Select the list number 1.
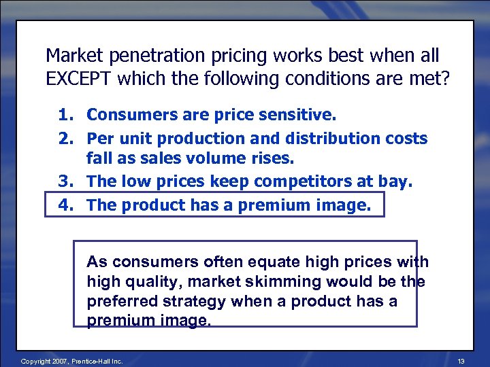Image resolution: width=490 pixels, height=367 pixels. point(66,116)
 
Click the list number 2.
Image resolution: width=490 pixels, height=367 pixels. point(66,139)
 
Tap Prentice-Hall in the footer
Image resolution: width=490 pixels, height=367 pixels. point(84,362)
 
